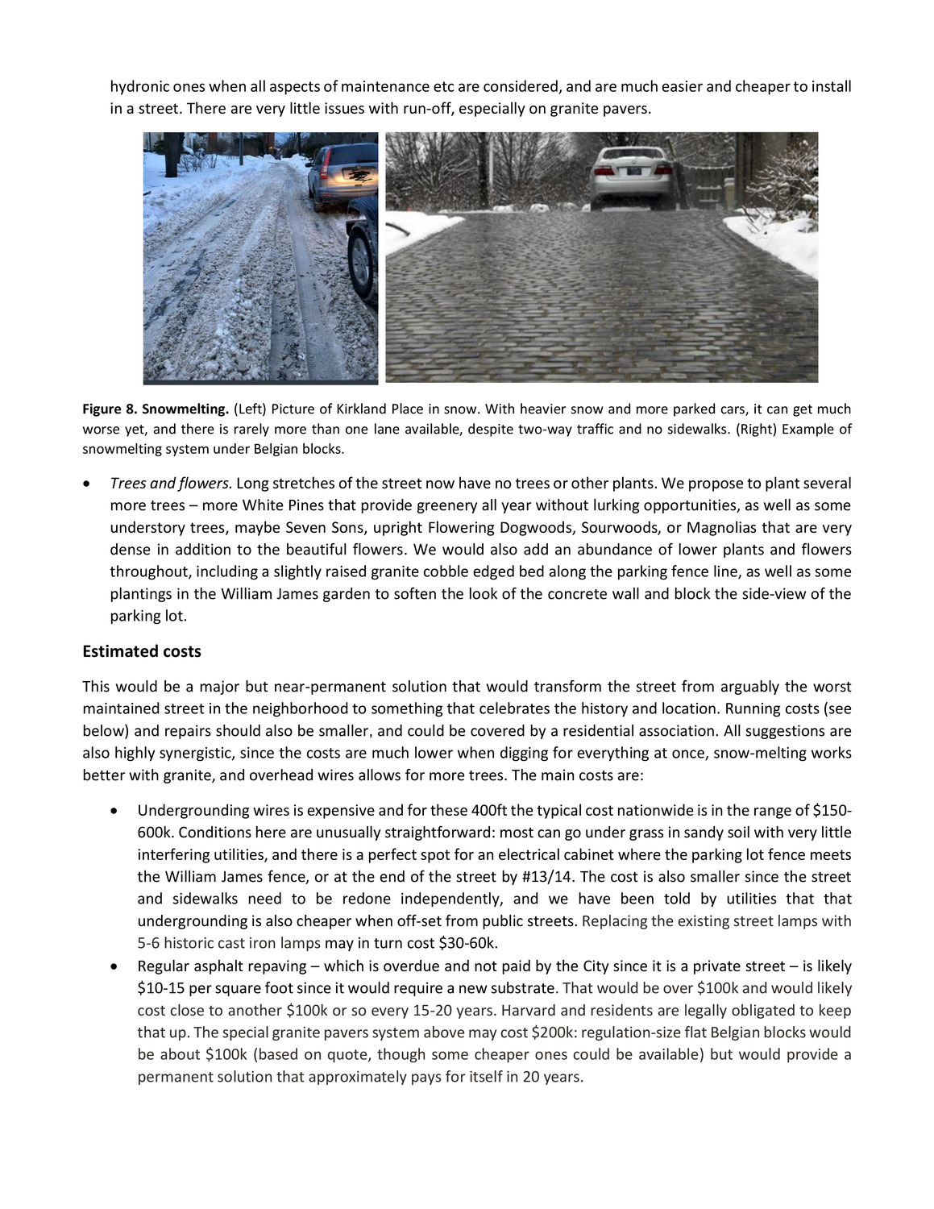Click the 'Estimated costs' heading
(x=142, y=651)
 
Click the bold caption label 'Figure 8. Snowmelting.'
(x=156, y=409)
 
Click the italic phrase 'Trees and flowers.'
(x=171, y=484)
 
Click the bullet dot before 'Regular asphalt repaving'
(x=118, y=966)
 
